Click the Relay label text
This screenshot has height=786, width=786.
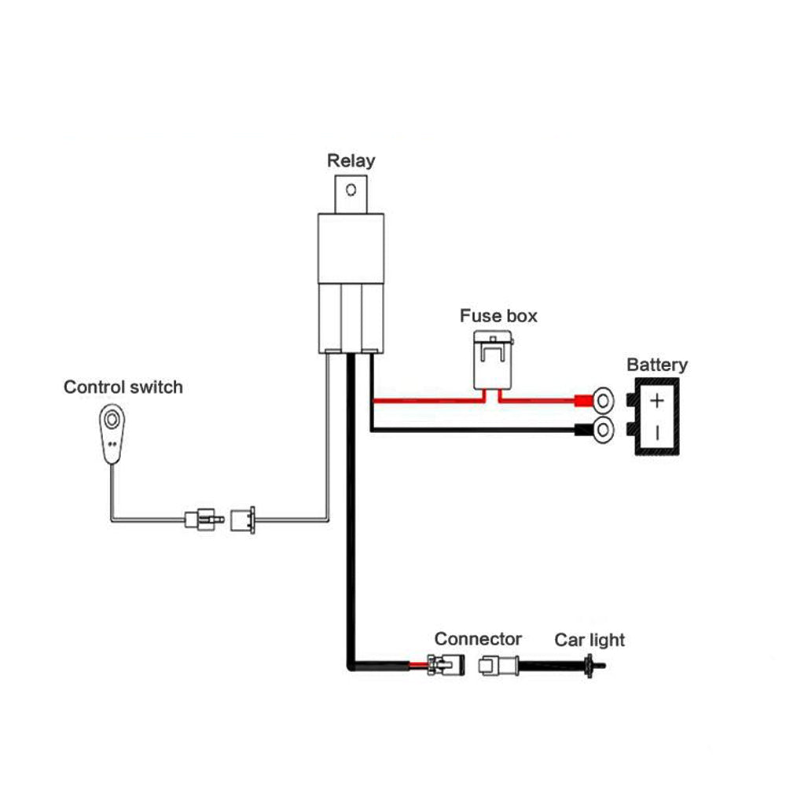[351, 161]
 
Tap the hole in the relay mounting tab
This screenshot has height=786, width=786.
[351, 189]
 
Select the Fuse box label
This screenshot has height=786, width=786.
[498, 316]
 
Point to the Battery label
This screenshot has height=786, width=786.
[657, 365]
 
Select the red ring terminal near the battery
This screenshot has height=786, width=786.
[602, 402]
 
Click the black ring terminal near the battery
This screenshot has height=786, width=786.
[602, 430]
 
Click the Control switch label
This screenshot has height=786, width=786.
[123, 387]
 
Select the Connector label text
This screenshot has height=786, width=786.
[478, 639]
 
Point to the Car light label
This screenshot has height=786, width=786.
[589, 640]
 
